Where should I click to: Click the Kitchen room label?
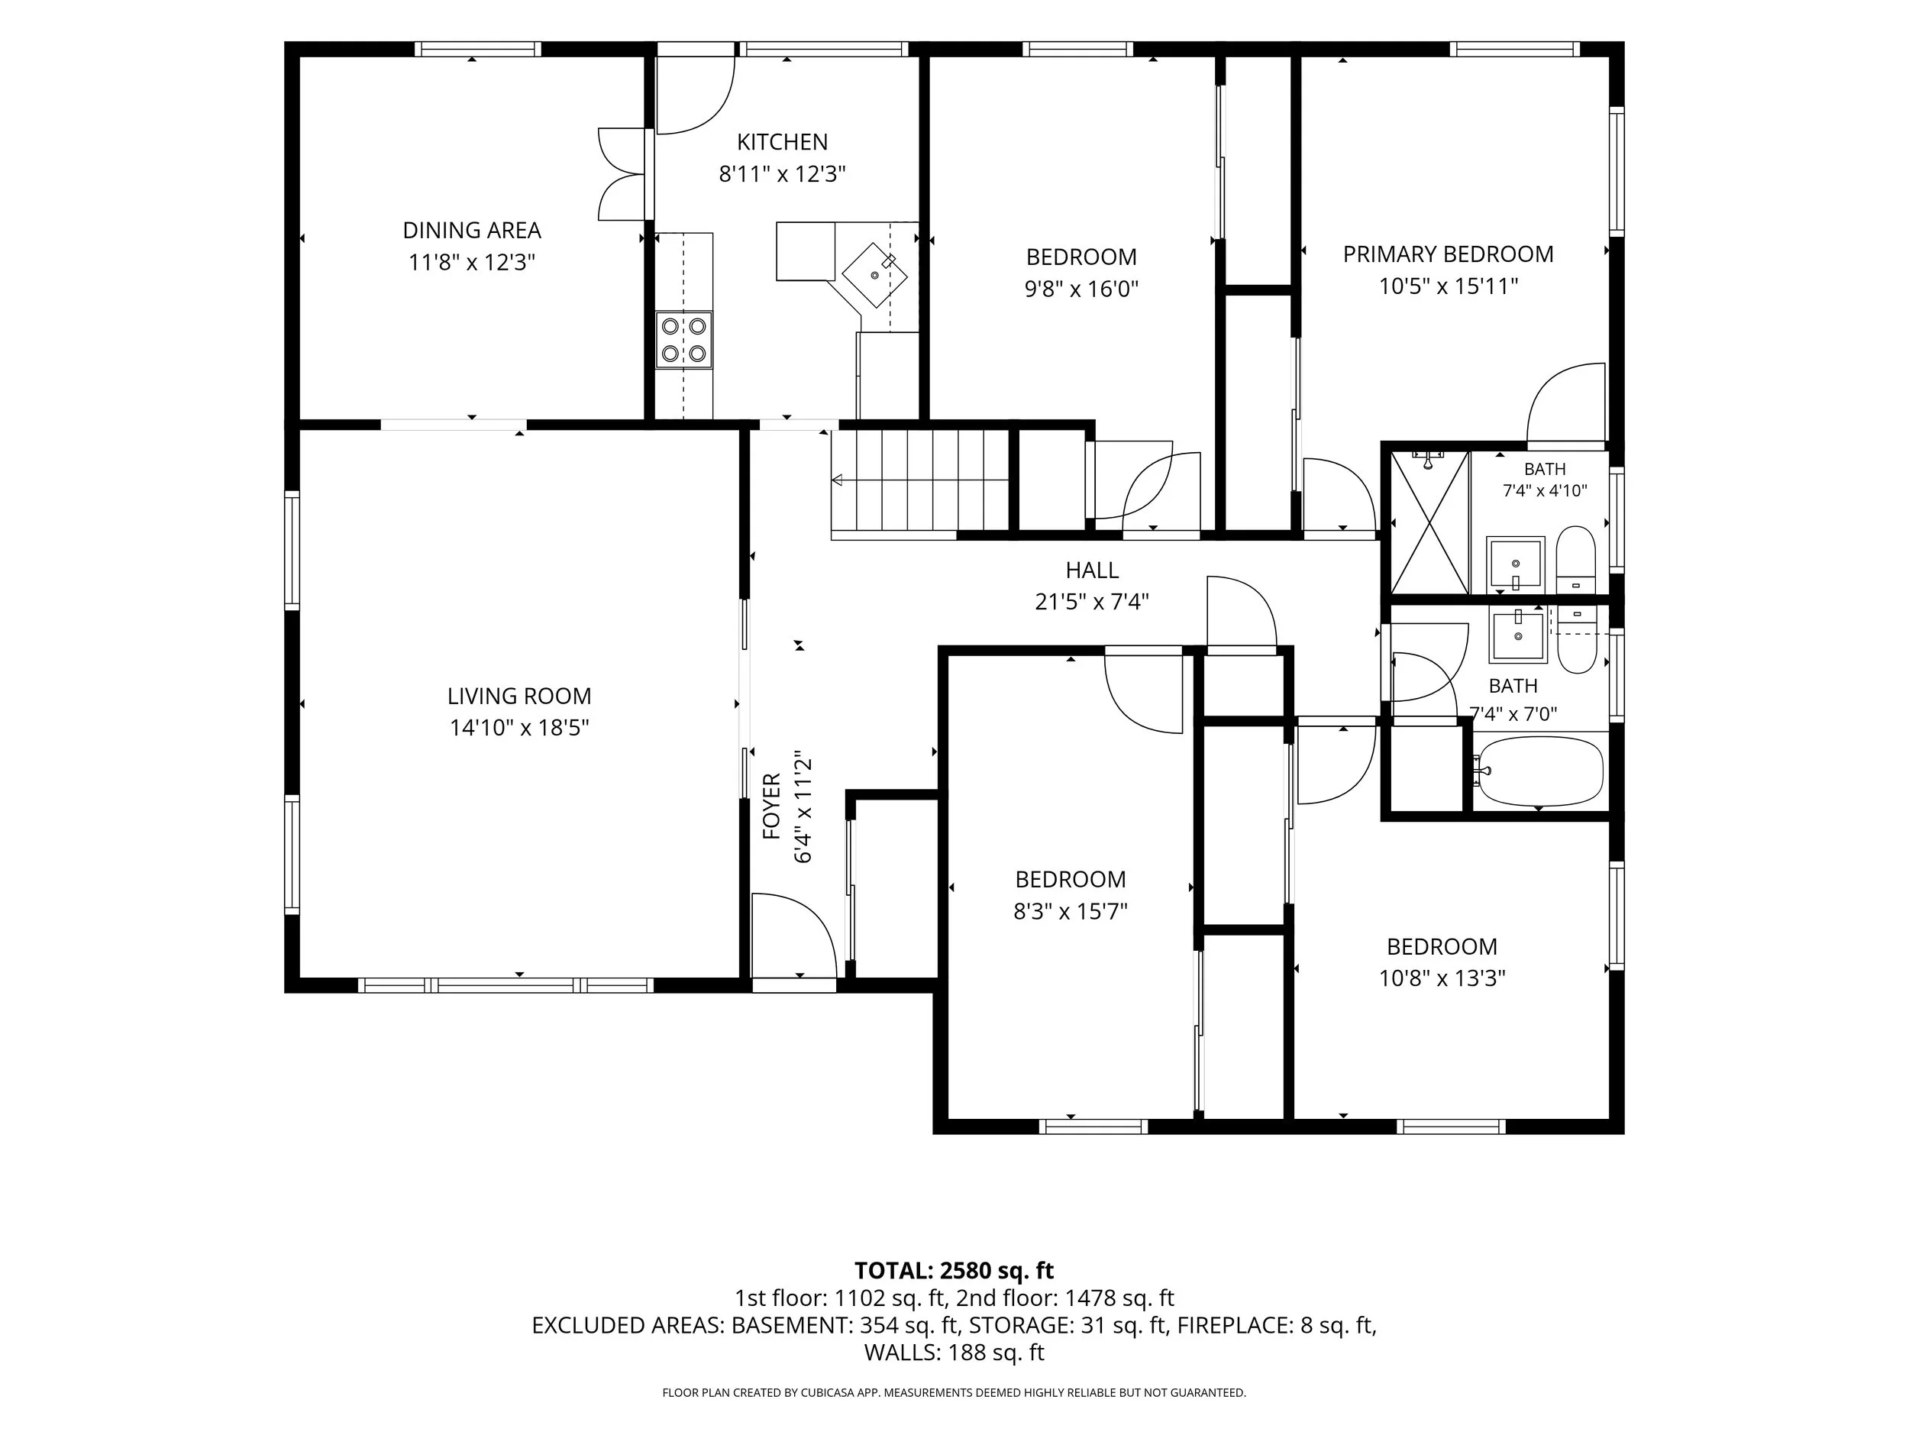[x=782, y=141]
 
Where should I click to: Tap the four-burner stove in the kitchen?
[x=683, y=340]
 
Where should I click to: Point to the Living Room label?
[x=518, y=696]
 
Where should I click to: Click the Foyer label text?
[x=771, y=807]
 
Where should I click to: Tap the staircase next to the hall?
[x=920, y=483]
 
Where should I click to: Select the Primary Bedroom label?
[x=1448, y=254]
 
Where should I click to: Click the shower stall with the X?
[x=1429, y=523]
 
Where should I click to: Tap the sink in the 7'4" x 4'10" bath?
[x=1516, y=564]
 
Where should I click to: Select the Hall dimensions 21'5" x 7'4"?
[x=1092, y=602]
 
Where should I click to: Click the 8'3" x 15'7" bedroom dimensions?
[x=1071, y=911]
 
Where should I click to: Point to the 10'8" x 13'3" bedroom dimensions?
[x=1442, y=978]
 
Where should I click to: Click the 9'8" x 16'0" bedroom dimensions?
[x=1081, y=288]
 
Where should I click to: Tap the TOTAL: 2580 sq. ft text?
[x=954, y=1271]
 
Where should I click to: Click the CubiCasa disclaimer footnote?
[x=954, y=1392]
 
